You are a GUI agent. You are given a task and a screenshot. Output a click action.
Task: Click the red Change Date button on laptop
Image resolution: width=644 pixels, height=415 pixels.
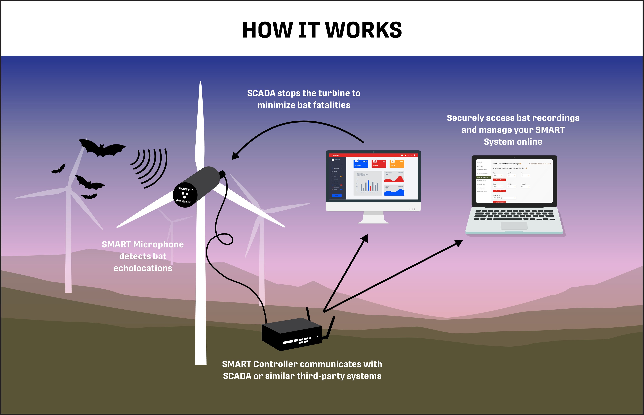[x=499, y=180]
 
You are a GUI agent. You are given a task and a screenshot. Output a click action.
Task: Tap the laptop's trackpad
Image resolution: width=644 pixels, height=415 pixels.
[x=514, y=226]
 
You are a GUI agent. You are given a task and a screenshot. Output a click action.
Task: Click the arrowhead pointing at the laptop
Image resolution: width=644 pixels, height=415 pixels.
[x=458, y=242]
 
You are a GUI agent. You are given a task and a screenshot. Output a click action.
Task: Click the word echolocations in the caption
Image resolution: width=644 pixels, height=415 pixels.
[x=143, y=268]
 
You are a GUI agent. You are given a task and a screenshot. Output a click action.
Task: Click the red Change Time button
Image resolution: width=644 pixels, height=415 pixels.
[x=499, y=191]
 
